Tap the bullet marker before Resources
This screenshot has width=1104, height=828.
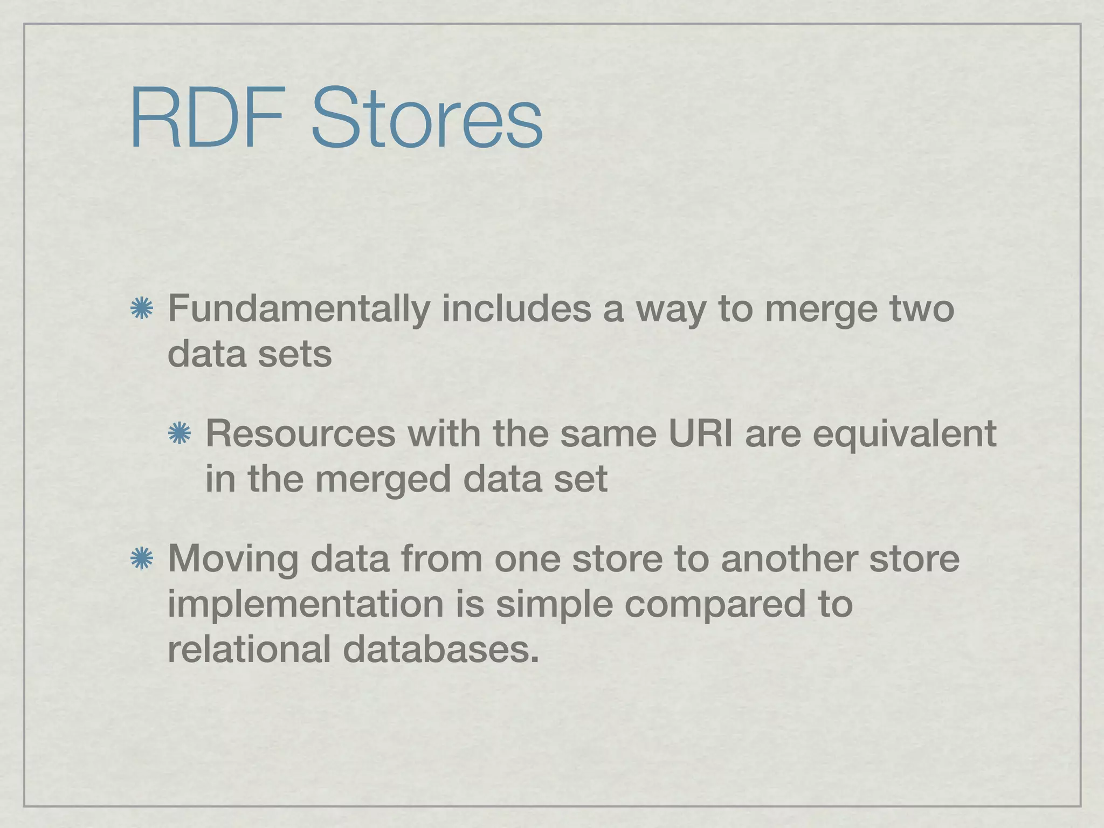[x=180, y=434]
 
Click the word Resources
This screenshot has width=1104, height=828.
[x=300, y=433]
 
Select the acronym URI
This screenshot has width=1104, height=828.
[x=700, y=433]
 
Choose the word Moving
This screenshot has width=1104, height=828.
[x=232, y=559]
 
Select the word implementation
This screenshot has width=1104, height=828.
[x=305, y=605]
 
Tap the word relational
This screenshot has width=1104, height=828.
[x=249, y=649]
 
